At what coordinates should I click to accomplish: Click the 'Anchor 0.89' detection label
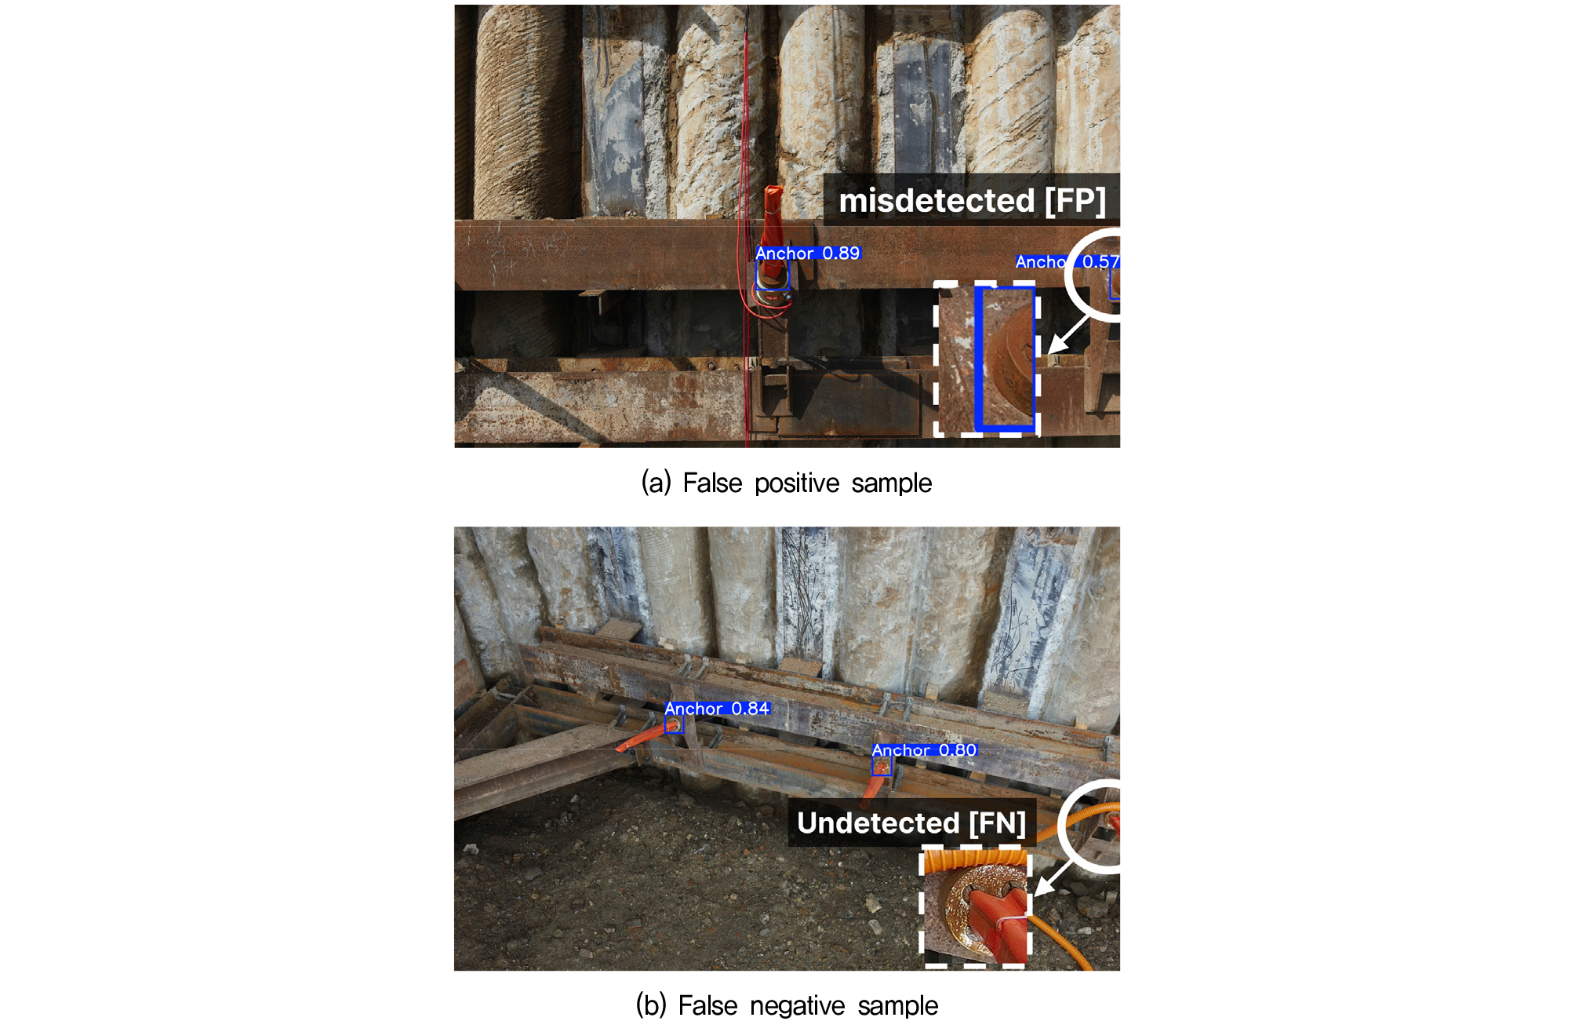click(808, 253)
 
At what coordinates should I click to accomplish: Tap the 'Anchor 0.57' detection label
click(1068, 261)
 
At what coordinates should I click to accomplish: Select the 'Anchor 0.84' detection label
click(717, 709)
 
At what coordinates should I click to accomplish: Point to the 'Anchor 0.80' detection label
click(924, 750)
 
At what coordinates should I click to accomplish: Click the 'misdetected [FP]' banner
click(972, 200)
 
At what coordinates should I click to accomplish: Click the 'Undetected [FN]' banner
click(911, 822)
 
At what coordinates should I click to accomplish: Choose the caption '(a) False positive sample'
click(787, 483)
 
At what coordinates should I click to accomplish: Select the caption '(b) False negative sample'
click(787, 1005)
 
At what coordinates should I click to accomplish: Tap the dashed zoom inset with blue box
click(988, 359)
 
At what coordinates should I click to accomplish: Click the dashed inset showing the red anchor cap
click(976, 906)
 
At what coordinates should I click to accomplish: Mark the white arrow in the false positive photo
click(1068, 334)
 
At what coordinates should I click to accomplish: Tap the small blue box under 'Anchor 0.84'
click(674, 725)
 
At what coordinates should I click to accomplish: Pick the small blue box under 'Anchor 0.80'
click(882, 767)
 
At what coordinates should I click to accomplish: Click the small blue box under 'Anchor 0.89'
click(773, 275)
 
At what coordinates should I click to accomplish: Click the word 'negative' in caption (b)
click(798, 1005)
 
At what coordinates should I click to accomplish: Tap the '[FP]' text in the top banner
click(1075, 200)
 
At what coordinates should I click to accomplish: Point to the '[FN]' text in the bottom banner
click(998, 823)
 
